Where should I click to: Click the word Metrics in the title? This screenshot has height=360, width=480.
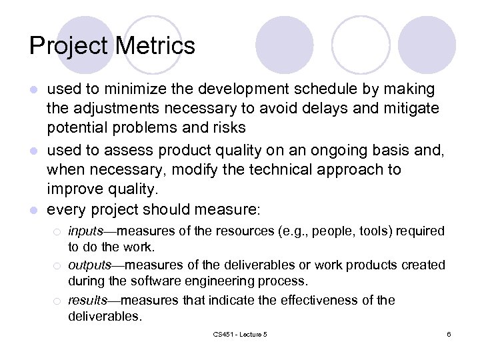pyautogui.click(x=155, y=46)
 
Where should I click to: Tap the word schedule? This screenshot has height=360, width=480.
pyautogui.click(x=284, y=89)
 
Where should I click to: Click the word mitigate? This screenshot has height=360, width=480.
pyautogui.click(x=408, y=109)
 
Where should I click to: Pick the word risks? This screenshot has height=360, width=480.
pyautogui.click(x=223, y=127)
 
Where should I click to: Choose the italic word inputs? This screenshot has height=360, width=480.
pyautogui.click(x=85, y=231)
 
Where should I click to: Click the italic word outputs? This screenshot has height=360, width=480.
pyautogui.click(x=89, y=265)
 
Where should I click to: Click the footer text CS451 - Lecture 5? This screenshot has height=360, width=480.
pyautogui.click(x=239, y=334)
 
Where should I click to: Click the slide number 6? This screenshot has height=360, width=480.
pyautogui.click(x=449, y=334)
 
